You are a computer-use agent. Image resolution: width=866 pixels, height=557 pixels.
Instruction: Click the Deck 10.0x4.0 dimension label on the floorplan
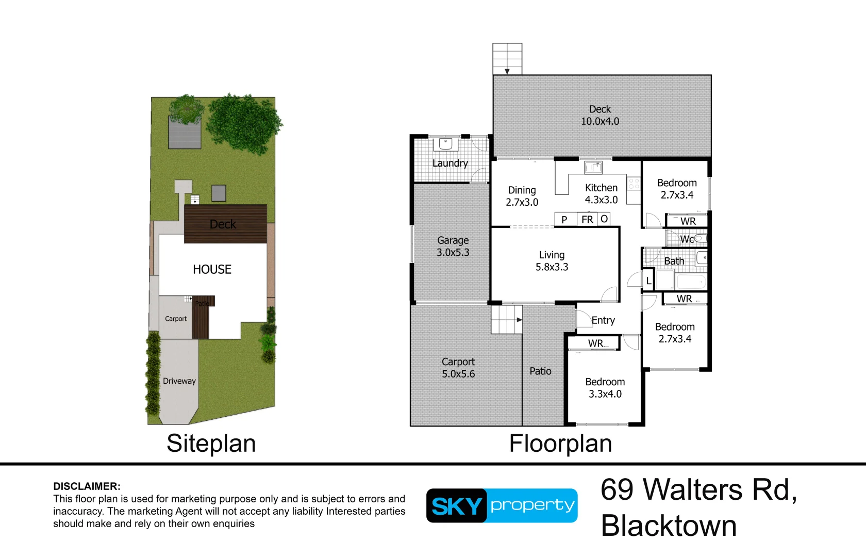pyautogui.click(x=599, y=116)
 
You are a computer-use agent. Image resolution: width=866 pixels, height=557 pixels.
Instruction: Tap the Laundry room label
pyautogui.click(x=450, y=163)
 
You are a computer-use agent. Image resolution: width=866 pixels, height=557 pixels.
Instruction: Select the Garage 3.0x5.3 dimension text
pyautogui.click(x=453, y=247)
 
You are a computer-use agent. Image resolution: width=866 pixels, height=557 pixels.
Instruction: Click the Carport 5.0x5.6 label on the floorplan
pyautogui.click(x=458, y=368)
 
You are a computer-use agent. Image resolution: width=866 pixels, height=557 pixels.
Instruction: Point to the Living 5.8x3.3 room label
pyautogui.click(x=552, y=261)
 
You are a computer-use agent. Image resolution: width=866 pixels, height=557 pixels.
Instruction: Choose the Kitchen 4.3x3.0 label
pyautogui.click(x=601, y=194)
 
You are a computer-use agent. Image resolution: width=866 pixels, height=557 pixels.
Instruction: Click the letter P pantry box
pyautogui.click(x=564, y=220)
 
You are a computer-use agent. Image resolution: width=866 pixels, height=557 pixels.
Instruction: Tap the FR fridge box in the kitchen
pyautogui.click(x=587, y=220)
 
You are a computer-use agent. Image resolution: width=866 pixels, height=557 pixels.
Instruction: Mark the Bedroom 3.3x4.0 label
pyautogui.click(x=605, y=388)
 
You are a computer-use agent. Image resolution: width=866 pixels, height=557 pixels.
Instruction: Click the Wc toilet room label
pyautogui.click(x=687, y=239)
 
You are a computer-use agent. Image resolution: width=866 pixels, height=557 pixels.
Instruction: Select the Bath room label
pyautogui.click(x=674, y=261)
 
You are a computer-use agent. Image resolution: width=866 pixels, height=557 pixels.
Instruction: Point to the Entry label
pyautogui.click(x=603, y=320)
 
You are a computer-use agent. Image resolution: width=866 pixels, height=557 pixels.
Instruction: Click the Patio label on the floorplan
pyautogui.click(x=540, y=371)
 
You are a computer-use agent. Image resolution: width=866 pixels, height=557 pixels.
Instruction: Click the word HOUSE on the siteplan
pyautogui.click(x=212, y=269)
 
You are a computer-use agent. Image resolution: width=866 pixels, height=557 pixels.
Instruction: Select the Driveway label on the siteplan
pyautogui.click(x=179, y=381)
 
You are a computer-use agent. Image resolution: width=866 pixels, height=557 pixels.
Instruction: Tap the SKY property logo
pyautogui.click(x=502, y=505)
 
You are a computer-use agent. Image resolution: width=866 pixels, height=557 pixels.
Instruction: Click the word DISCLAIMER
pyautogui.click(x=87, y=486)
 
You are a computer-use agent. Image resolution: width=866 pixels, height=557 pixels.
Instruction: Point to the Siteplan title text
pyautogui.click(x=211, y=444)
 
